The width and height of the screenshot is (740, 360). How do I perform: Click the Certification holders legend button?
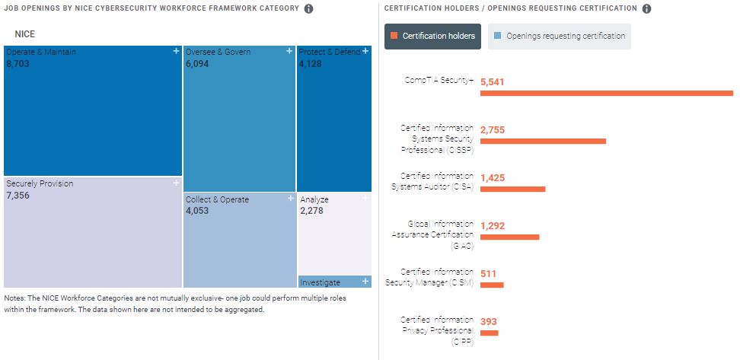coord(432,36)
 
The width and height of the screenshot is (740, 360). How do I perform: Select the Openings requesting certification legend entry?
coord(559,36)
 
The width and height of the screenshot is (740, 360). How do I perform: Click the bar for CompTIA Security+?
coord(606,94)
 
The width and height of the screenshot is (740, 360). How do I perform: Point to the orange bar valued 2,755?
coord(543,141)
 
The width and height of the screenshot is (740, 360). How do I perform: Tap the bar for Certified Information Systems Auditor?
coord(512,189)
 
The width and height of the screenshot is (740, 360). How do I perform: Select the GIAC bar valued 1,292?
coord(509,237)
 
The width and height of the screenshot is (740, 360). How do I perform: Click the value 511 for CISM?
coord(488,273)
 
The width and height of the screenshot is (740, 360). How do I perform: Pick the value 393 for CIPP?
coord(489,322)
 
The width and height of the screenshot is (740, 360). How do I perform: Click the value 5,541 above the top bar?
coord(493,81)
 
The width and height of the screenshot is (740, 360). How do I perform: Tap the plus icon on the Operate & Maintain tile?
coord(176,51)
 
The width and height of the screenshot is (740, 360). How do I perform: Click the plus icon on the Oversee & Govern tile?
coord(289,51)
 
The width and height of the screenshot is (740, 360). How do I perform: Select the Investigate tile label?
coord(321,282)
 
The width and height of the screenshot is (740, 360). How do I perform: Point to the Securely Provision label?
coord(40,183)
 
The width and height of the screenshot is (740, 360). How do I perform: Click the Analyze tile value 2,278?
coord(311,211)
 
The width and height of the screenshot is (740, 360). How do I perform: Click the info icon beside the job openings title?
coord(308,9)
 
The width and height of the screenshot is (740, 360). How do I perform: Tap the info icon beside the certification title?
coord(646,9)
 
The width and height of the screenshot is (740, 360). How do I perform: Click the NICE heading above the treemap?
coord(25,34)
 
